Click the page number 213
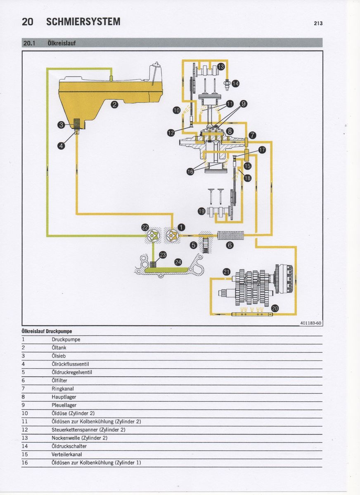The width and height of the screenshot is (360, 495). coord(317,24)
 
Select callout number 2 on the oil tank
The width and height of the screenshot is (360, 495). coord(115,104)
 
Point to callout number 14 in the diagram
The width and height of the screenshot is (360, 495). coord(235,84)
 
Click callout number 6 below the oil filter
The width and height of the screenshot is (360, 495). coord(230,245)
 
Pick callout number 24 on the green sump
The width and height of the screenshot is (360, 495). coord(178,262)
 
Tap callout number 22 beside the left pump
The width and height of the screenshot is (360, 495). coord(145,228)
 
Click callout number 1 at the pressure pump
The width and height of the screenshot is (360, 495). coord(181,227)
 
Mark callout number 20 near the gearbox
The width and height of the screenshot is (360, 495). coord(275,308)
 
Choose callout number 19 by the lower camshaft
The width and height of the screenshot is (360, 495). coord(201,212)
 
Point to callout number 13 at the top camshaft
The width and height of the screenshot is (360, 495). coord(221,66)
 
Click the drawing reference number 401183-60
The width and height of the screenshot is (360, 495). coord(311,323)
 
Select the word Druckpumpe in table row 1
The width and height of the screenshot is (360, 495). coord(66,339)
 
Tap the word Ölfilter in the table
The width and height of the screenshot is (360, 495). coord(59,380)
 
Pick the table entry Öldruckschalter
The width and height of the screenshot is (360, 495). coord(69,446)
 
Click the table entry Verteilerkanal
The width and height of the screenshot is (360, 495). coord(67,454)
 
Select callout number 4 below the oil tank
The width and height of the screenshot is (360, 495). coord(61,146)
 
